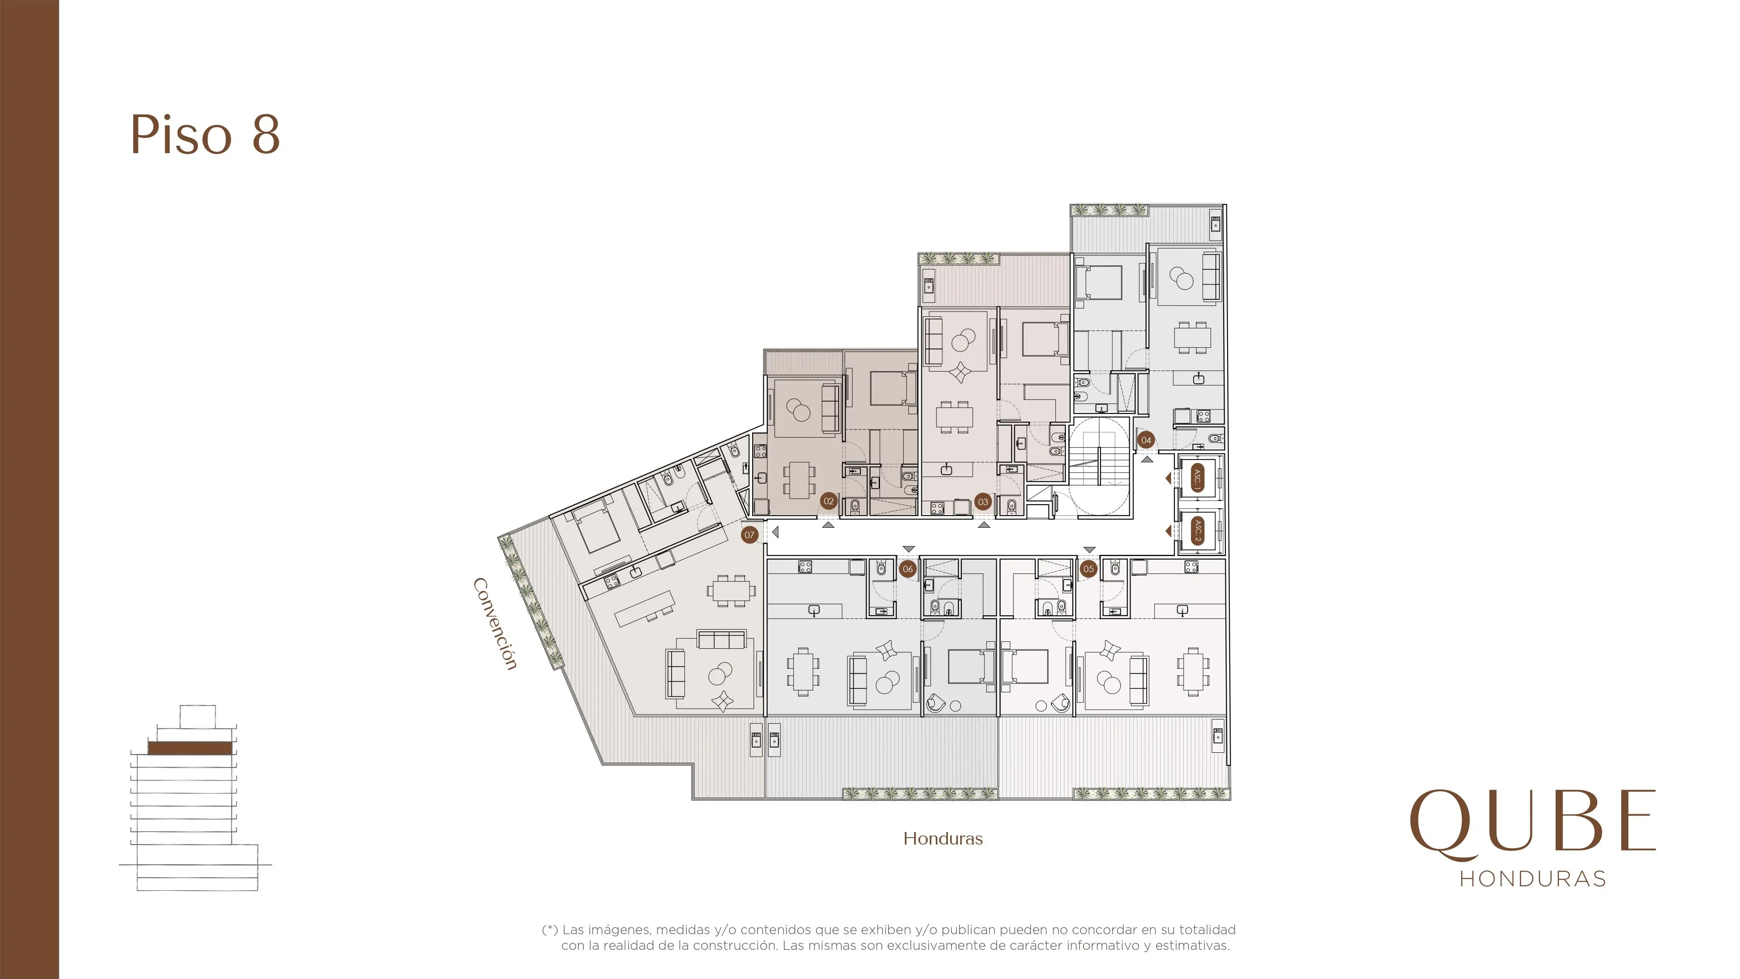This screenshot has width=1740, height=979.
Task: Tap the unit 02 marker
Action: [x=829, y=501]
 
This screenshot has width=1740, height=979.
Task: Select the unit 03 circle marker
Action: [x=983, y=502]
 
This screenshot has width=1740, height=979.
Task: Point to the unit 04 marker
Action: [x=1146, y=440]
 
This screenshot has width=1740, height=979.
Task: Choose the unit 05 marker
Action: [x=1088, y=569]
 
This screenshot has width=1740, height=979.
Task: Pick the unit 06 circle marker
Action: [x=908, y=569]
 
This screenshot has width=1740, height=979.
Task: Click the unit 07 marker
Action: [x=749, y=535]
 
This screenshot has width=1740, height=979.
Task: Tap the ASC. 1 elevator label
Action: [x=1198, y=478]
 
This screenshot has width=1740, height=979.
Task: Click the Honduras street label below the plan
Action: [x=943, y=838]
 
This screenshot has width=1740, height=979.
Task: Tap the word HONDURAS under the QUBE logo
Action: [x=1533, y=879]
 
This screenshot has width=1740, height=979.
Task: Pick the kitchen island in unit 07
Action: [x=645, y=608]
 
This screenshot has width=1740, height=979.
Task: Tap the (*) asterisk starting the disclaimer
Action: [x=550, y=930]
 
